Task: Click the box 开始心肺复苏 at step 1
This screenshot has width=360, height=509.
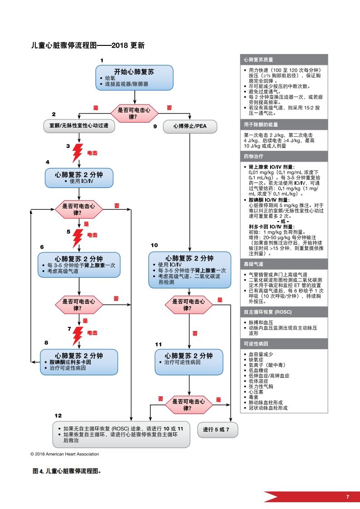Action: click(134, 78)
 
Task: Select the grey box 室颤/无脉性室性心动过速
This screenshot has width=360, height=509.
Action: click(79, 126)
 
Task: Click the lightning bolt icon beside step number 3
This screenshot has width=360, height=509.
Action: click(79, 153)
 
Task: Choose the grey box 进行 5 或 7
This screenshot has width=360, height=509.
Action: click(217, 429)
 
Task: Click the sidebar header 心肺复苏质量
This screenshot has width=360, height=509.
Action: click(284, 59)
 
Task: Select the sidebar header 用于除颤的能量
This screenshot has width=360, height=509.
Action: click(284, 124)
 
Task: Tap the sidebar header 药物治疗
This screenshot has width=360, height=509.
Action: click(284, 156)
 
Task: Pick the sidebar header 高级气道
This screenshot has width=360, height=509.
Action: click(284, 264)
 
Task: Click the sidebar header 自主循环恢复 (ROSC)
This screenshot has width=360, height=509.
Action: click(284, 312)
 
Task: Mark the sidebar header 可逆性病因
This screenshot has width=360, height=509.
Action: click(284, 344)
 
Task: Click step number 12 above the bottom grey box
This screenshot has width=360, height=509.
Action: click(58, 416)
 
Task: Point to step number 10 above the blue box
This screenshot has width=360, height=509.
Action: click(154, 245)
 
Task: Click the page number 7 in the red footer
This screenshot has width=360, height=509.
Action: click(348, 497)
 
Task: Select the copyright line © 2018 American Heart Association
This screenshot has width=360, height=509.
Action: click(64, 454)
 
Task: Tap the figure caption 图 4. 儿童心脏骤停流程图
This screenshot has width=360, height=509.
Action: click(66, 471)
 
